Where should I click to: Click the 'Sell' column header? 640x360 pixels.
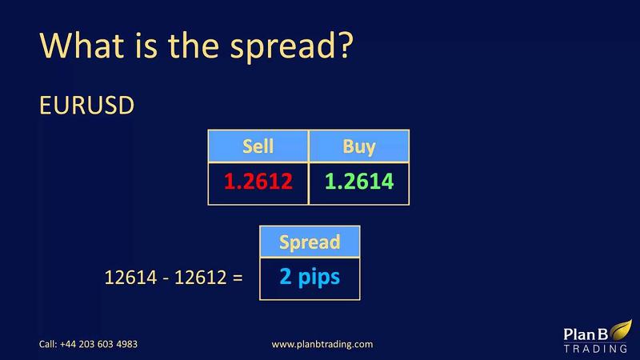(x=258, y=146)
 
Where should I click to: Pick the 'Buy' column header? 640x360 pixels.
(x=358, y=146)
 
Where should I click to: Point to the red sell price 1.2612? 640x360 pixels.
(x=258, y=182)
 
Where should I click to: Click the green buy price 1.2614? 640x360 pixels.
(x=358, y=182)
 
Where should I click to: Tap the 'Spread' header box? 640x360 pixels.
(x=310, y=242)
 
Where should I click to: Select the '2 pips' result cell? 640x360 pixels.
(x=310, y=277)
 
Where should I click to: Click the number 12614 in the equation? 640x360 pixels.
(x=127, y=278)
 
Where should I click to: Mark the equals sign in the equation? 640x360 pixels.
(x=238, y=278)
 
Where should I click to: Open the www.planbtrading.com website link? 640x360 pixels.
(x=322, y=344)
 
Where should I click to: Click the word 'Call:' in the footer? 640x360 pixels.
(x=49, y=344)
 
